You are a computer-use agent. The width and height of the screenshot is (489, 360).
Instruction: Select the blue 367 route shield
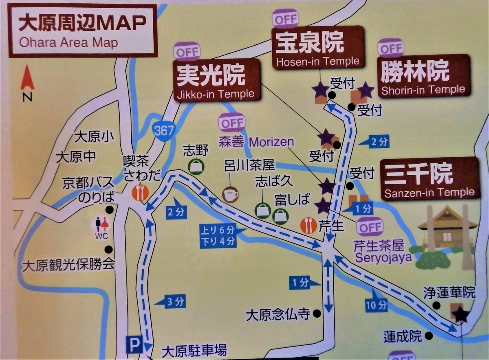pos(164,130)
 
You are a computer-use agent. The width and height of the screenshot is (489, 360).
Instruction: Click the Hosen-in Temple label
pos(318,46)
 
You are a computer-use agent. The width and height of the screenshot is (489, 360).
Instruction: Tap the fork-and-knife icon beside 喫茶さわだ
pos(140,192)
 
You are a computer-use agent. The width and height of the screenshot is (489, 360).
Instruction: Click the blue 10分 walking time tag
pos(376,304)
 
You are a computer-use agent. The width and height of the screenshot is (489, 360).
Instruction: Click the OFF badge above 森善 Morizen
pos(232,122)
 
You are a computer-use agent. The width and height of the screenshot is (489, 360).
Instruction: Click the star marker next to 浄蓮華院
pos(461,314)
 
